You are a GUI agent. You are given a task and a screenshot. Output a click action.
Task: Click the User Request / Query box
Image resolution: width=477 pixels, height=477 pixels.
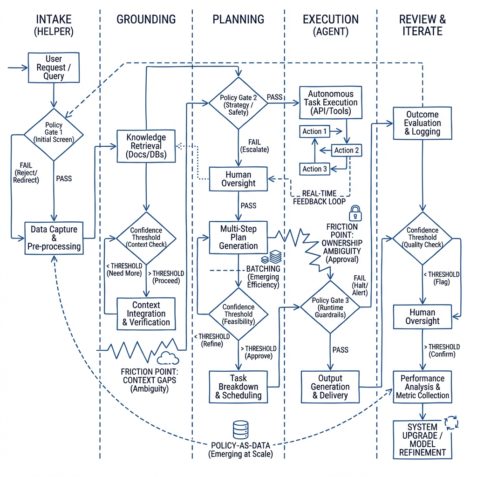point(54,68)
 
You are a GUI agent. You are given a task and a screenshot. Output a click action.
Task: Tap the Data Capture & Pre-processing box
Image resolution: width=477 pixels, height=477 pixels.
point(54,238)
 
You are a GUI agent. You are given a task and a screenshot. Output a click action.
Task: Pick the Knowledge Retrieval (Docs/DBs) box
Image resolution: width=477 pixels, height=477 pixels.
point(147,146)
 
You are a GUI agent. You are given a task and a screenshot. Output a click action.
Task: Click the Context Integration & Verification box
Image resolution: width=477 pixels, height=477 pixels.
point(146,313)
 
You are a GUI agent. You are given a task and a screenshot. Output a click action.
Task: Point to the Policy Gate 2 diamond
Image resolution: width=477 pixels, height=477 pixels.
point(238,103)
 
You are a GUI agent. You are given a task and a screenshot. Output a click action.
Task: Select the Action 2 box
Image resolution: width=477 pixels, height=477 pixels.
point(347,150)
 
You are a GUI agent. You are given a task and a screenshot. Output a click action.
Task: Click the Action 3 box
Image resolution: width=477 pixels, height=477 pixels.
point(315,169)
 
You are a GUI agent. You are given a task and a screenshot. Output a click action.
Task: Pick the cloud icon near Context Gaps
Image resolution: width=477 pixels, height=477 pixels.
point(168,358)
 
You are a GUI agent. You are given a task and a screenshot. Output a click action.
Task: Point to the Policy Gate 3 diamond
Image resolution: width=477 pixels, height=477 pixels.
point(330,306)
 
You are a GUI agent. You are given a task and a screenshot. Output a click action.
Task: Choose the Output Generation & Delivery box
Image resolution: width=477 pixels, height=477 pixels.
point(331,387)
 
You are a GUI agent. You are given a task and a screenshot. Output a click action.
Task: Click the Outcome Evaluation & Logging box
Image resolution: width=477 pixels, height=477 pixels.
point(422,123)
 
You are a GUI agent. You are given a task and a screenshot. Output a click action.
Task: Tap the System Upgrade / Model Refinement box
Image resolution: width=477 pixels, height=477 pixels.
point(422,439)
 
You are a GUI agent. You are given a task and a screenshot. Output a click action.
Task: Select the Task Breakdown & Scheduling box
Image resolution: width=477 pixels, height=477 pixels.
point(238,387)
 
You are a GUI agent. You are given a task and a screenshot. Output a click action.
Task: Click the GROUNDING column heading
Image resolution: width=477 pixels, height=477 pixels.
point(146,20)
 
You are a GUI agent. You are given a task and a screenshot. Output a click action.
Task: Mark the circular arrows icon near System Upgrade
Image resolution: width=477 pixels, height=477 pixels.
point(451,422)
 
